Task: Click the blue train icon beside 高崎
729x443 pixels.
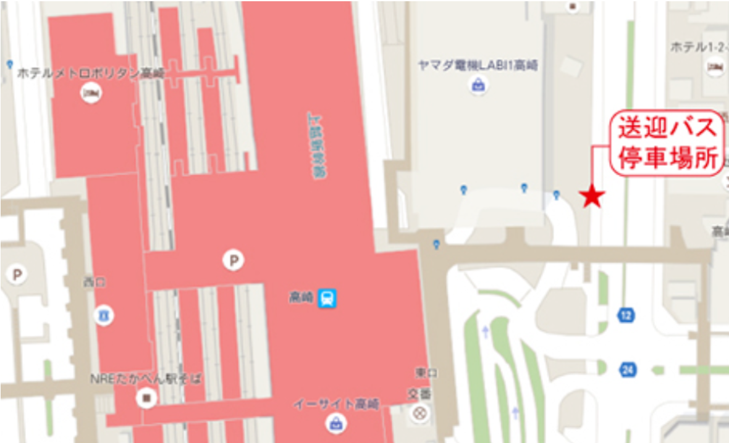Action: (327, 299)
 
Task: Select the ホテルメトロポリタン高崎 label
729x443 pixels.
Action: (91, 73)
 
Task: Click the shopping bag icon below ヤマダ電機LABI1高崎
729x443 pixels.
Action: (478, 85)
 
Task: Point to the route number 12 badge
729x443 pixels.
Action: (626, 316)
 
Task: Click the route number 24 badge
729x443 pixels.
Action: (628, 370)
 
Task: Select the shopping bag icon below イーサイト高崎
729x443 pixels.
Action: (335, 423)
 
